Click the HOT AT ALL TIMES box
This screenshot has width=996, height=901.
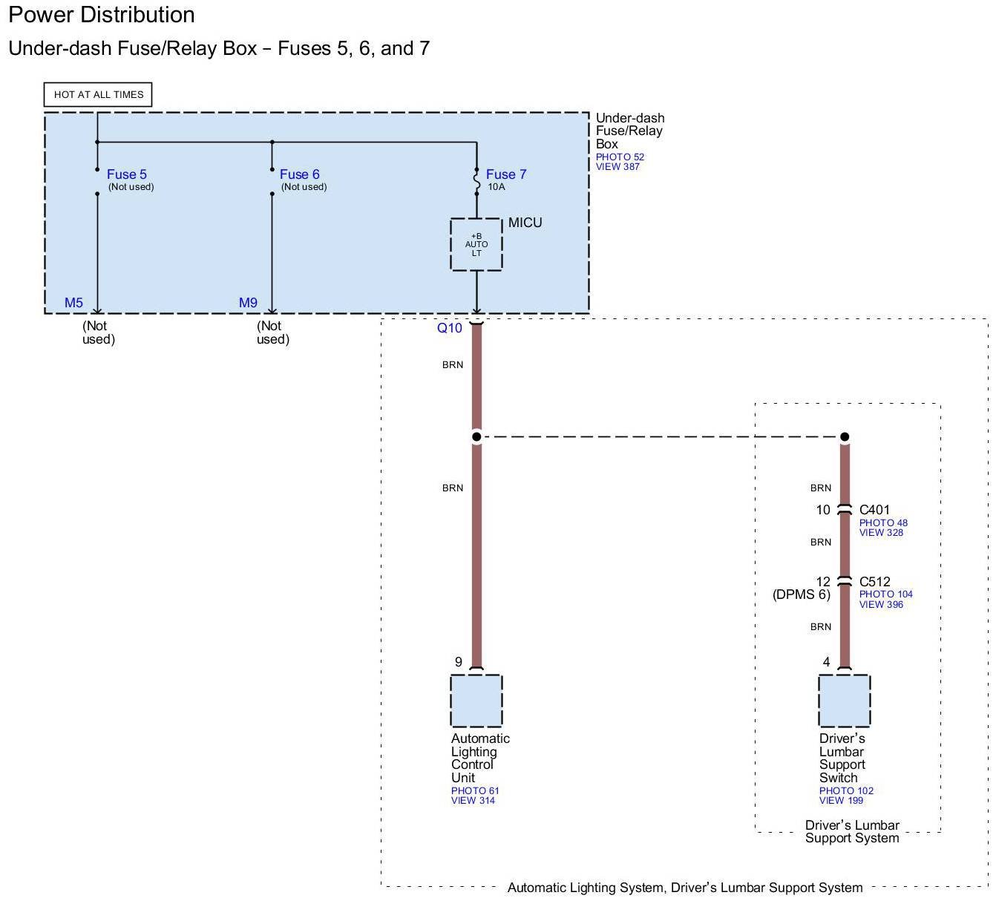pos(98,94)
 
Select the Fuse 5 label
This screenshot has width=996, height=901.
pos(127,174)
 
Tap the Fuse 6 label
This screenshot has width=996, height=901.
pos(299,174)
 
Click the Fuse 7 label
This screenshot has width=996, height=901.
pos(506,174)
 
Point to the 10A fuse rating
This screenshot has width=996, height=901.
pos(496,187)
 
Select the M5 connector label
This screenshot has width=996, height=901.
pos(73,303)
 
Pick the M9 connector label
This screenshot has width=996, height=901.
pos(248,303)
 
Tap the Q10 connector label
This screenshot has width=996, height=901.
pos(449,328)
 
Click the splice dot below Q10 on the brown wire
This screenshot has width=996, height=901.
pos(476,437)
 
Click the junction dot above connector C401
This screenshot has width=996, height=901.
pos(845,437)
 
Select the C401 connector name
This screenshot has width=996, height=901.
pos(874,510)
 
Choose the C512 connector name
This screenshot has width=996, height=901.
pos(874,582)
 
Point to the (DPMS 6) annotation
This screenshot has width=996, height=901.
pos(802,594)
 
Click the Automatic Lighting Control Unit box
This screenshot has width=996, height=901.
pos(476,701)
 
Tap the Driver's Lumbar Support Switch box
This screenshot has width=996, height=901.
pos(844,701)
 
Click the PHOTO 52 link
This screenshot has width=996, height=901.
pos(620,157)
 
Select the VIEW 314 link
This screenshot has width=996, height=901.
pos(473,800)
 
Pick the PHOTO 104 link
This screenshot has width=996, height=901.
pos(885,594)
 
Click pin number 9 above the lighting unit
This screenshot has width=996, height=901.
pos(458,661)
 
